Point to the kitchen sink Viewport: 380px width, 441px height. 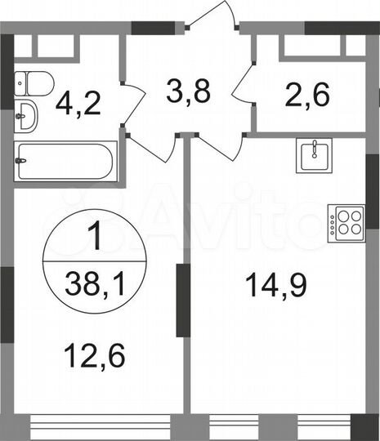313,154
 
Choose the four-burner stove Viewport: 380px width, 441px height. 346,222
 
